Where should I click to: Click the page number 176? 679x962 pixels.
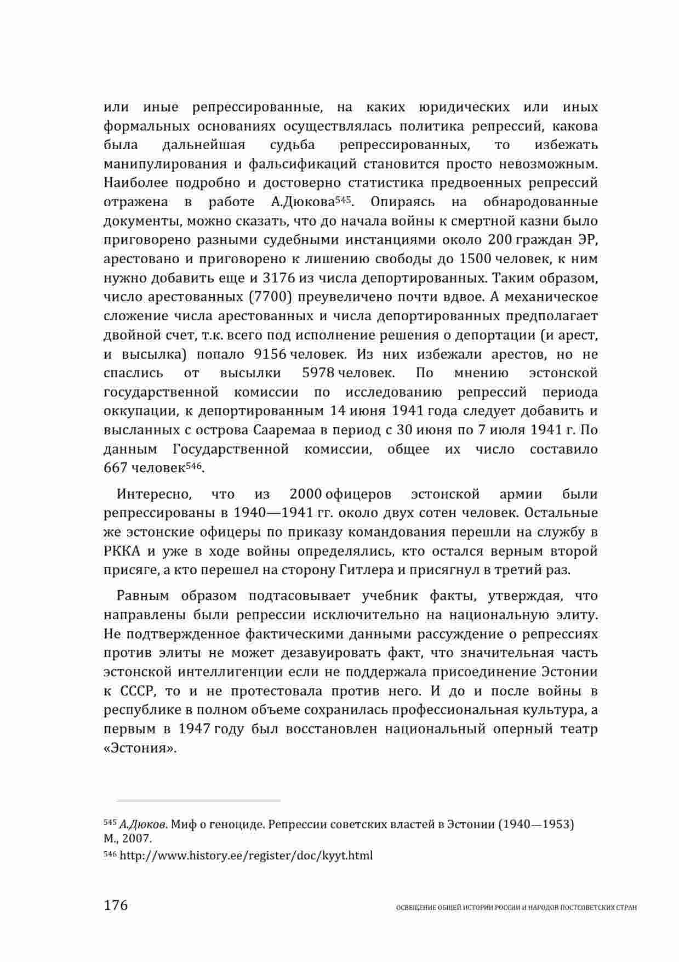(116, 905)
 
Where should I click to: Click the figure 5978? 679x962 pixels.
(318, 374)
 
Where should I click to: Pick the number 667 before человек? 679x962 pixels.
(116, 468)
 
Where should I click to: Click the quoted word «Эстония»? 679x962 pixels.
(140, 749)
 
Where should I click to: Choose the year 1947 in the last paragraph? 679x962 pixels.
(195, 729)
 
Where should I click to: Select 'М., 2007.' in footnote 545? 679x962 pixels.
(128, 839)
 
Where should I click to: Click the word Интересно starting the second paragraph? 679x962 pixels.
(154, 494)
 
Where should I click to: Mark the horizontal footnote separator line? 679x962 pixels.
(192, 801)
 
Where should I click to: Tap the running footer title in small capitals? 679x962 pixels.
(516, 908)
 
